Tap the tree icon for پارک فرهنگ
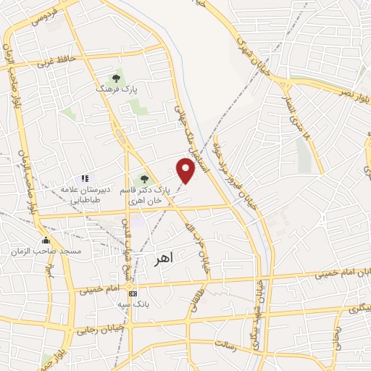click(116, 78)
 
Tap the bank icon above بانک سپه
click(132, 293)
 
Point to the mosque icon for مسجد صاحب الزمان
click(46, 241)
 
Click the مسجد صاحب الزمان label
click(43, 251)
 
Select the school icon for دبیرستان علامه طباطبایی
click(85, 178)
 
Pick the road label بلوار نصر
click(352, 88)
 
